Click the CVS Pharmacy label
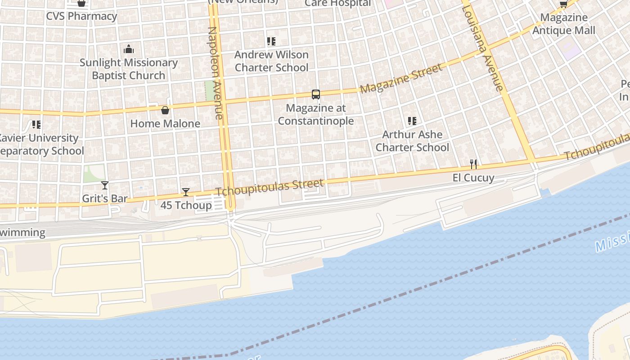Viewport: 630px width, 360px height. click(x=81, y=16)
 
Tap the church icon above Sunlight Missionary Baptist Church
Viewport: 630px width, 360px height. click(x=129, y=49)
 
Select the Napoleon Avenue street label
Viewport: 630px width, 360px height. click(x=216, y=73)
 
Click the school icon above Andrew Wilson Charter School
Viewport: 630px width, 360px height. click(x=271, y=41)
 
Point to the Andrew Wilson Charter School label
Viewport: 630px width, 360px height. click(x=271, y=61)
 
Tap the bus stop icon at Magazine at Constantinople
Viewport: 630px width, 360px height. click(x=316, y=94)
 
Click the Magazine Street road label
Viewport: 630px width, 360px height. click(x=401, y=79)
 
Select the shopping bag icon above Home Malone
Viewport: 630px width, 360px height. click(x=165, y=110)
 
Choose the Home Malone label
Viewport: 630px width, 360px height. click(x=165, y=123)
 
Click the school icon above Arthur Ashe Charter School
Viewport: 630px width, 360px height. click(x=412, y=121)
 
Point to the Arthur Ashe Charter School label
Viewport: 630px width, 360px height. click(x=412, y=141)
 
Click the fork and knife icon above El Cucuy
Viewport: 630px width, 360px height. click(x=473, y=164)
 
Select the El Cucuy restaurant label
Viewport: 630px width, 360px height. click(x=473, y=178)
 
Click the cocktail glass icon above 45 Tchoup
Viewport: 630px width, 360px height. click(x=186, y=192)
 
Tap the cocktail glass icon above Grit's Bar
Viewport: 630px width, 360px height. click(x=105, y=185)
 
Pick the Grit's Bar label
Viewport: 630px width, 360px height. click(x=105, y=198)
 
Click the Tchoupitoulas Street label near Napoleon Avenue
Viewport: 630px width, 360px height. click(x=270, y=187)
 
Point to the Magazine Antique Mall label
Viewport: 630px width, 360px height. click(x=563, y=24)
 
